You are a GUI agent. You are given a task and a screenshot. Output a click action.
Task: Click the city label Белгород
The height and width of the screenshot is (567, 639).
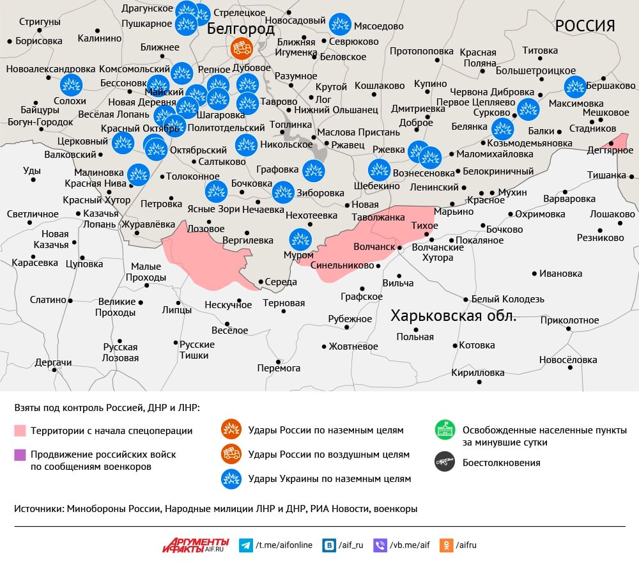pyautogui.click(x=241, y=29)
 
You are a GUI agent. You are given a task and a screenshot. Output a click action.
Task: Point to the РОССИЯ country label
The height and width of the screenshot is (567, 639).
pyautogui.click(x=584, y=26)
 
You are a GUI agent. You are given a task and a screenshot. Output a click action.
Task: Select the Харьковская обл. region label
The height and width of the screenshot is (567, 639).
pyautogui.click(x=453, y=316)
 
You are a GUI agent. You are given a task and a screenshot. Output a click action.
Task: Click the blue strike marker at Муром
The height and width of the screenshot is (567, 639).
pyautogui.click(x=300, y=239)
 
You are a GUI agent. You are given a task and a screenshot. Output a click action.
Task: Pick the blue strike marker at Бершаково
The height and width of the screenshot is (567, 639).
pyautogui.click(x=575, y=86)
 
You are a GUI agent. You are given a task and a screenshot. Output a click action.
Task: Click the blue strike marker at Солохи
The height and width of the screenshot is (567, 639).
pyautogui.click(x=70, y=86)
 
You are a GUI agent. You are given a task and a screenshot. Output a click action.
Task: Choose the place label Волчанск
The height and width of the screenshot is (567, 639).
pyautogui.click(x=374, y=246)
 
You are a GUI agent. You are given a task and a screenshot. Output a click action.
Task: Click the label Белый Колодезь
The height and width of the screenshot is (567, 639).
pyautogui.click(x=507, y=299)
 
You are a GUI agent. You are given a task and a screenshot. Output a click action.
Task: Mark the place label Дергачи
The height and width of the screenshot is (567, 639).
pyautogui.click(x=53, y=362)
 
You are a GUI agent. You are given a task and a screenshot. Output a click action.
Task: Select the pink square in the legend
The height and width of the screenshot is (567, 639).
pyautogui.click(x=20, y=430)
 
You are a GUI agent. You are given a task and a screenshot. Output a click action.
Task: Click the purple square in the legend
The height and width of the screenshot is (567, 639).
pyautogui.click(x=20, y=454)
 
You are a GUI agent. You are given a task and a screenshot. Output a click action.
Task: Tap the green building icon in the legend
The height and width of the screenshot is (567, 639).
pyautogui.click(x=444, y=430)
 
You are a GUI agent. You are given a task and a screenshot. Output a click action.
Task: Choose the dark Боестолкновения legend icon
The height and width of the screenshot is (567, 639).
pyautogui.click(x=444, y=462)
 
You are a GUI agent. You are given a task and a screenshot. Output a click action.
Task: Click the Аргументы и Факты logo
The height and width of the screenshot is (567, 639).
pyautogui.click(x=195, y=545)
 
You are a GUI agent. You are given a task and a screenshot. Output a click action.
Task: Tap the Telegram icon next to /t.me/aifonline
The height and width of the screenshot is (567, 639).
pyautogui.click(x=245, y=545)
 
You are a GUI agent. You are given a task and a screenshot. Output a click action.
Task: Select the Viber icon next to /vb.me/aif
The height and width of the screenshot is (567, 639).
pyautogui.click(x=380, y=545)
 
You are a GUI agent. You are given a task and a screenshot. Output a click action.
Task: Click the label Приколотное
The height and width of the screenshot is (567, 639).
pyautogui.click(x=569, y=320)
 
